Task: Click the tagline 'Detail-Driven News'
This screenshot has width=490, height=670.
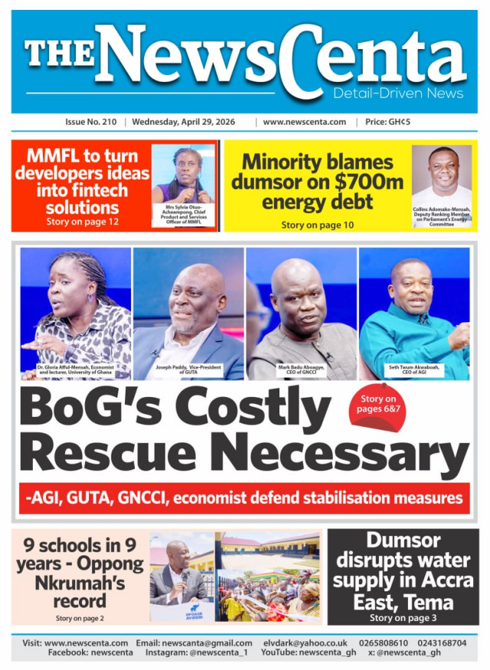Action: (397, 93)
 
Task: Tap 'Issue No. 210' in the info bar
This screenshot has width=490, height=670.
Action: (91, 122)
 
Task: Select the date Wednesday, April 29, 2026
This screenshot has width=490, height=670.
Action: (184, 122)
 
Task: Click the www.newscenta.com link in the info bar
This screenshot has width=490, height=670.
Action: (304, 122)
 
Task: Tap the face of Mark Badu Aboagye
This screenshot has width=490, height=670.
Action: (299, 290)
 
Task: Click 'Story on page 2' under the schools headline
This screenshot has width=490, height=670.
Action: (80, 618)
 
